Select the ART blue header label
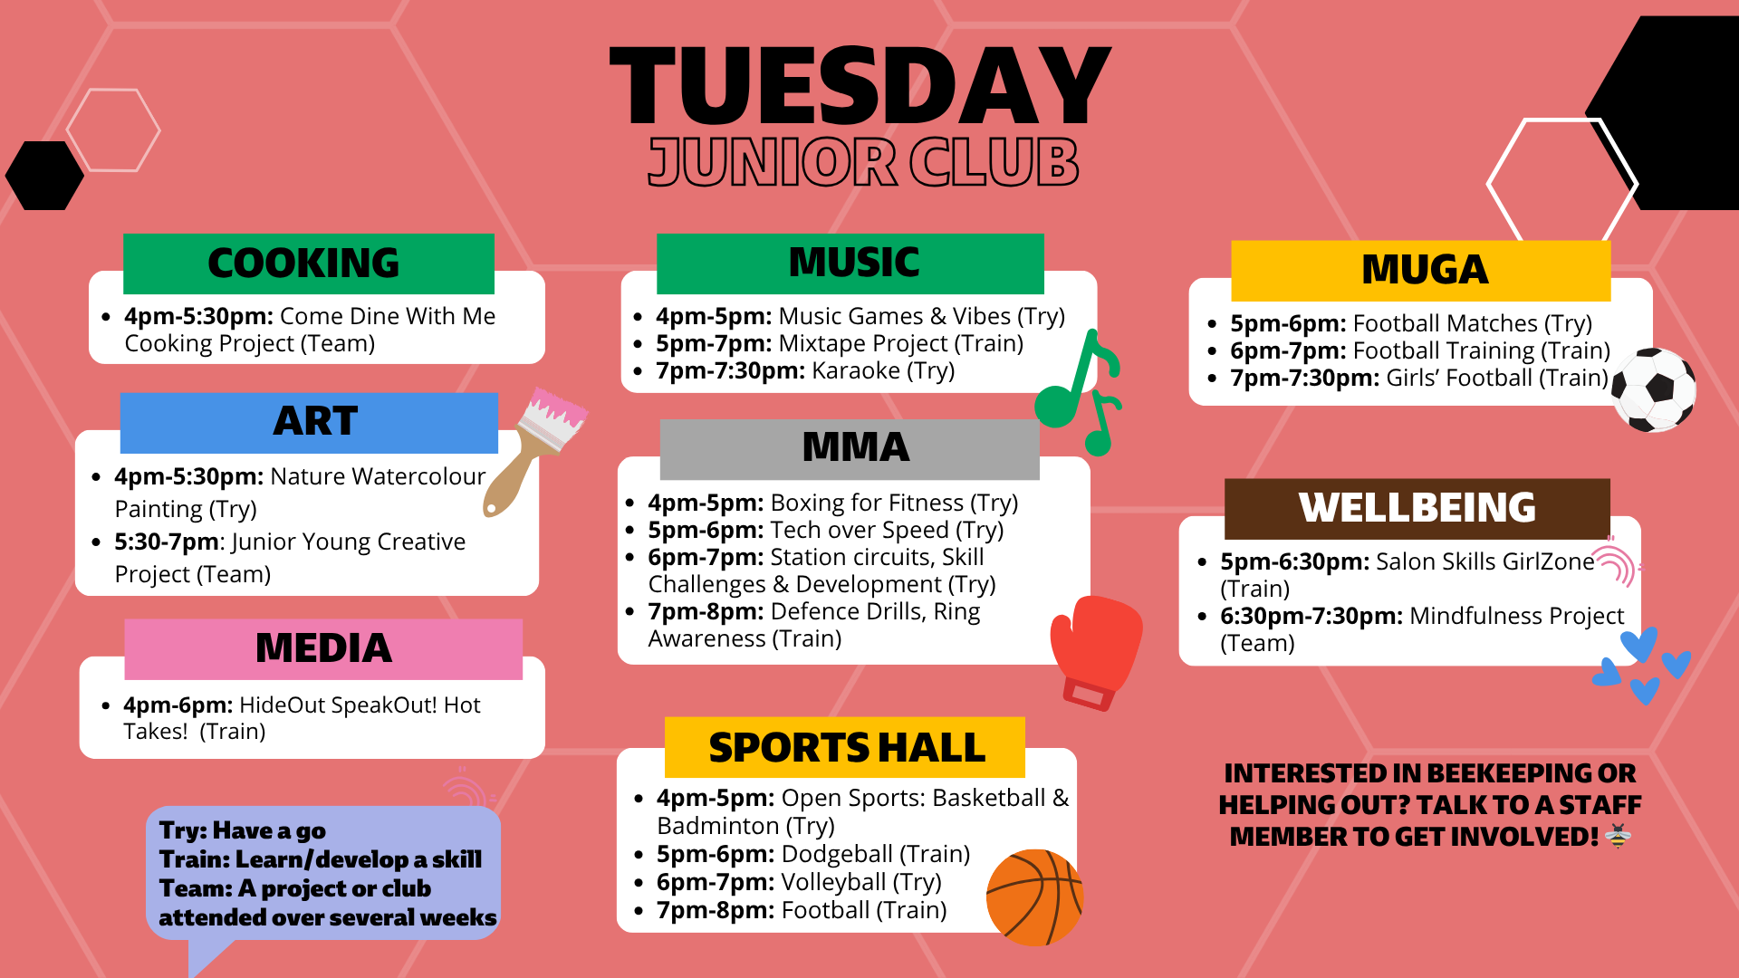[x=310, y=422]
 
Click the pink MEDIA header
[x=323, y=648]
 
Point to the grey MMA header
[x=850, y=448]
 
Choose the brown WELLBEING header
[x=1417, y=508]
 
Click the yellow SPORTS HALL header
[x=845, y=748]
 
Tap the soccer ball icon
[x=1655, y=390]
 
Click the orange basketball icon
[x=1034, y=896]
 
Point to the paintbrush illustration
[x=537, y=449]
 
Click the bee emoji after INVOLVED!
[x=1618, y=836]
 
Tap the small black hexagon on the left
[x=43, y=176]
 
